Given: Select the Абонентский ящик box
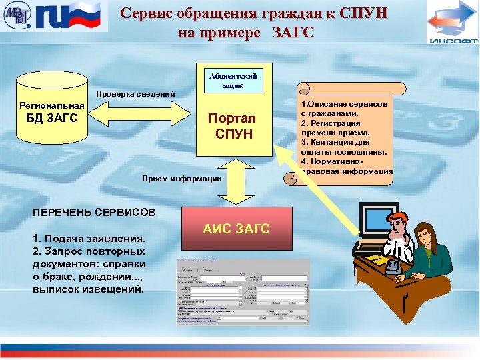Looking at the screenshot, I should pos(234,79).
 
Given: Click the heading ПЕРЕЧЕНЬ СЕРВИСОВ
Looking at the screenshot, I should pos(94,212).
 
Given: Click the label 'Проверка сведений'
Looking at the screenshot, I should pos(136,93).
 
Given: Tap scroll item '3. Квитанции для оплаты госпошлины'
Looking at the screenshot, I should pos(343,147).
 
